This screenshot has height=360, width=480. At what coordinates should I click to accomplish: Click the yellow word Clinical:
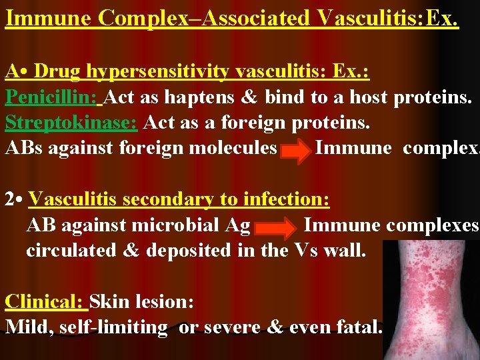(46, 301)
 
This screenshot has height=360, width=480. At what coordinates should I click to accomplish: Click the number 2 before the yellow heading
(10, 199)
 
